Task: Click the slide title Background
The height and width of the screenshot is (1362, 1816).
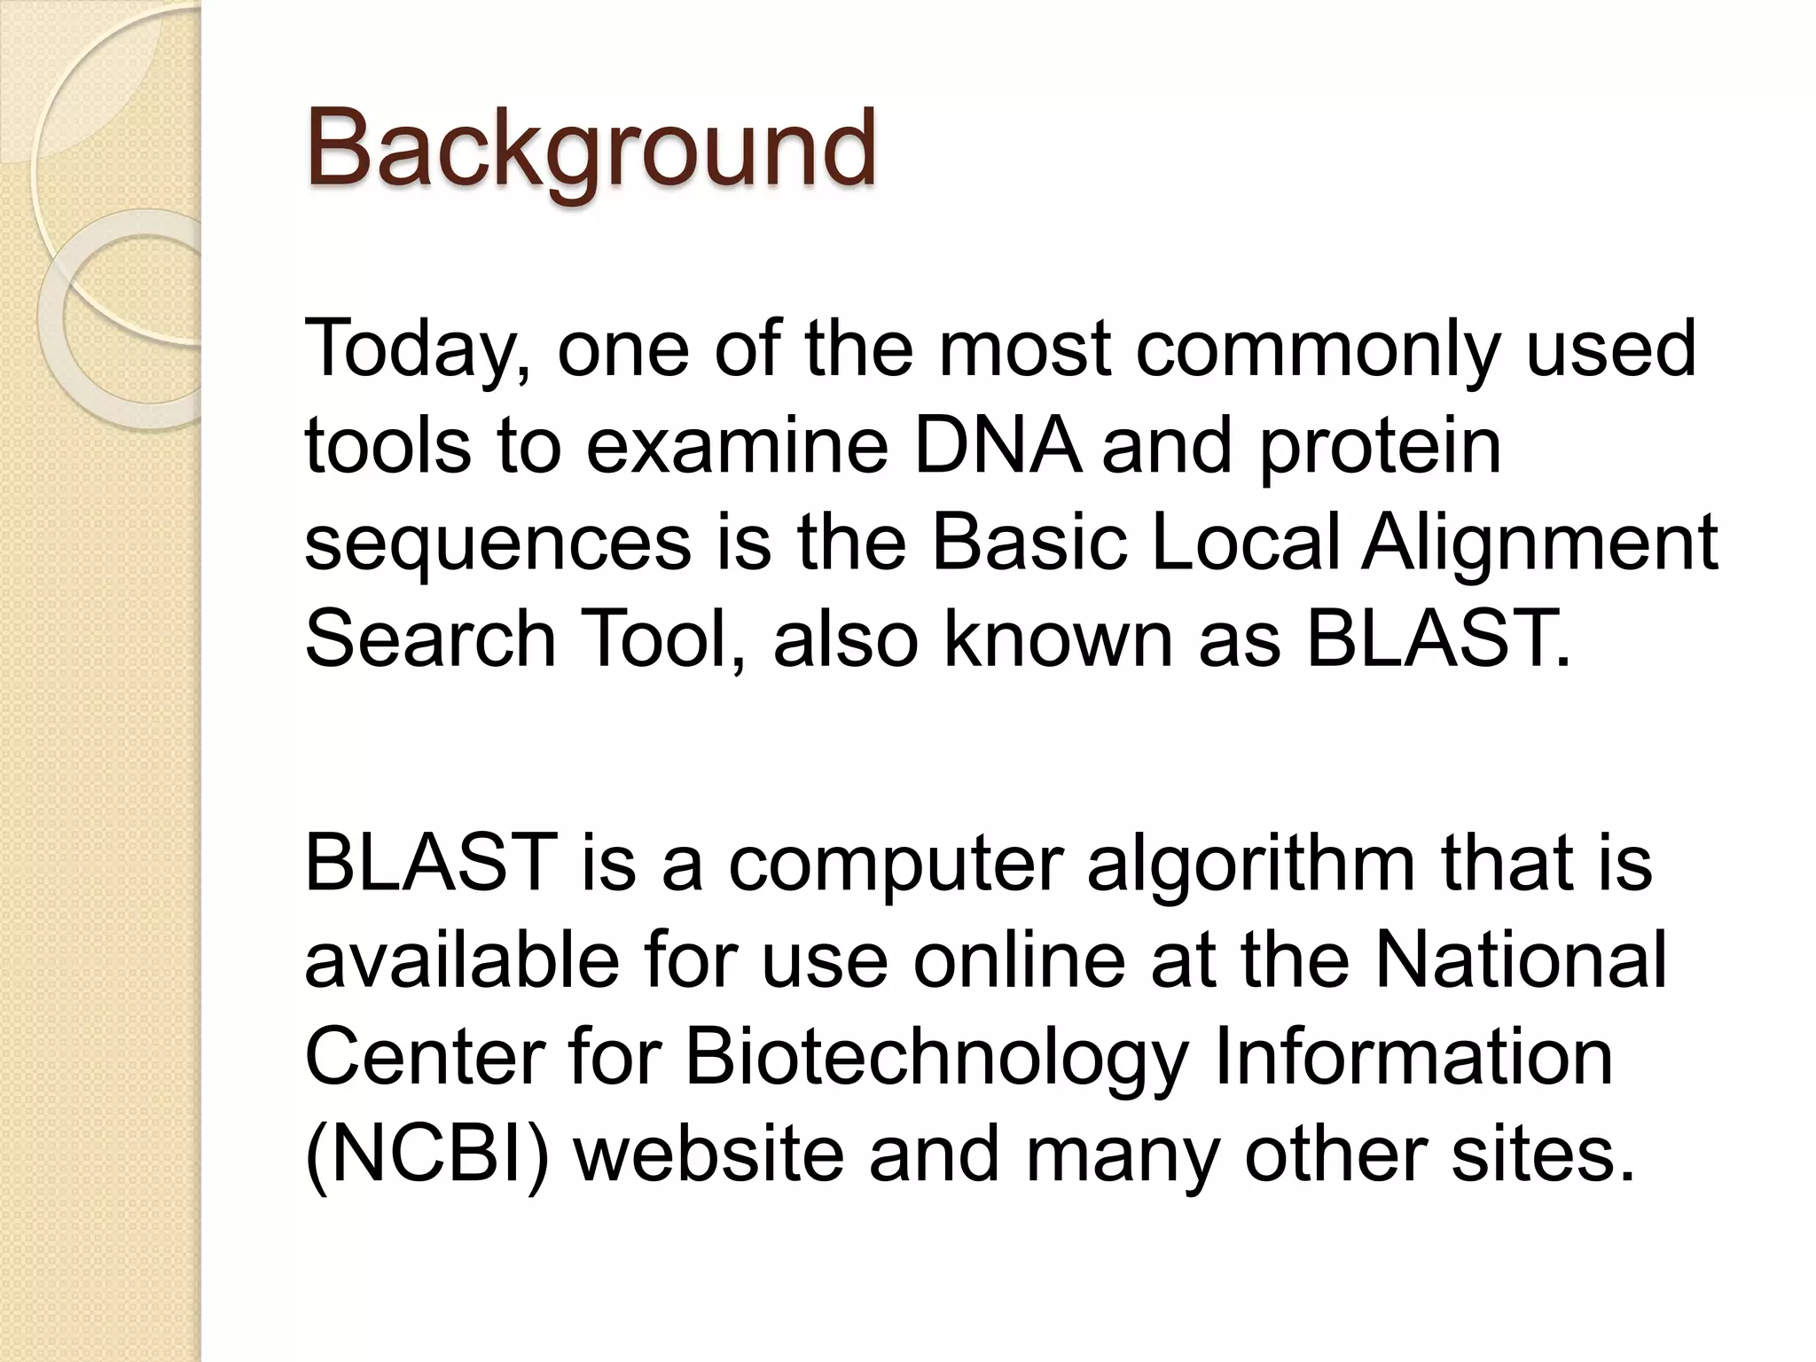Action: (591, 149)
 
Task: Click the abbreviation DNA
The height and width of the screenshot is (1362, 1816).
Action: (997, 446)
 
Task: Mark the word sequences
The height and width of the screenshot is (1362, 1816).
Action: (497, 544)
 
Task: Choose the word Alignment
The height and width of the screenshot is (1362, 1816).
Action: (1539, 544)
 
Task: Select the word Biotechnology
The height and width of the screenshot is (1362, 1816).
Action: (935, 1061)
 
